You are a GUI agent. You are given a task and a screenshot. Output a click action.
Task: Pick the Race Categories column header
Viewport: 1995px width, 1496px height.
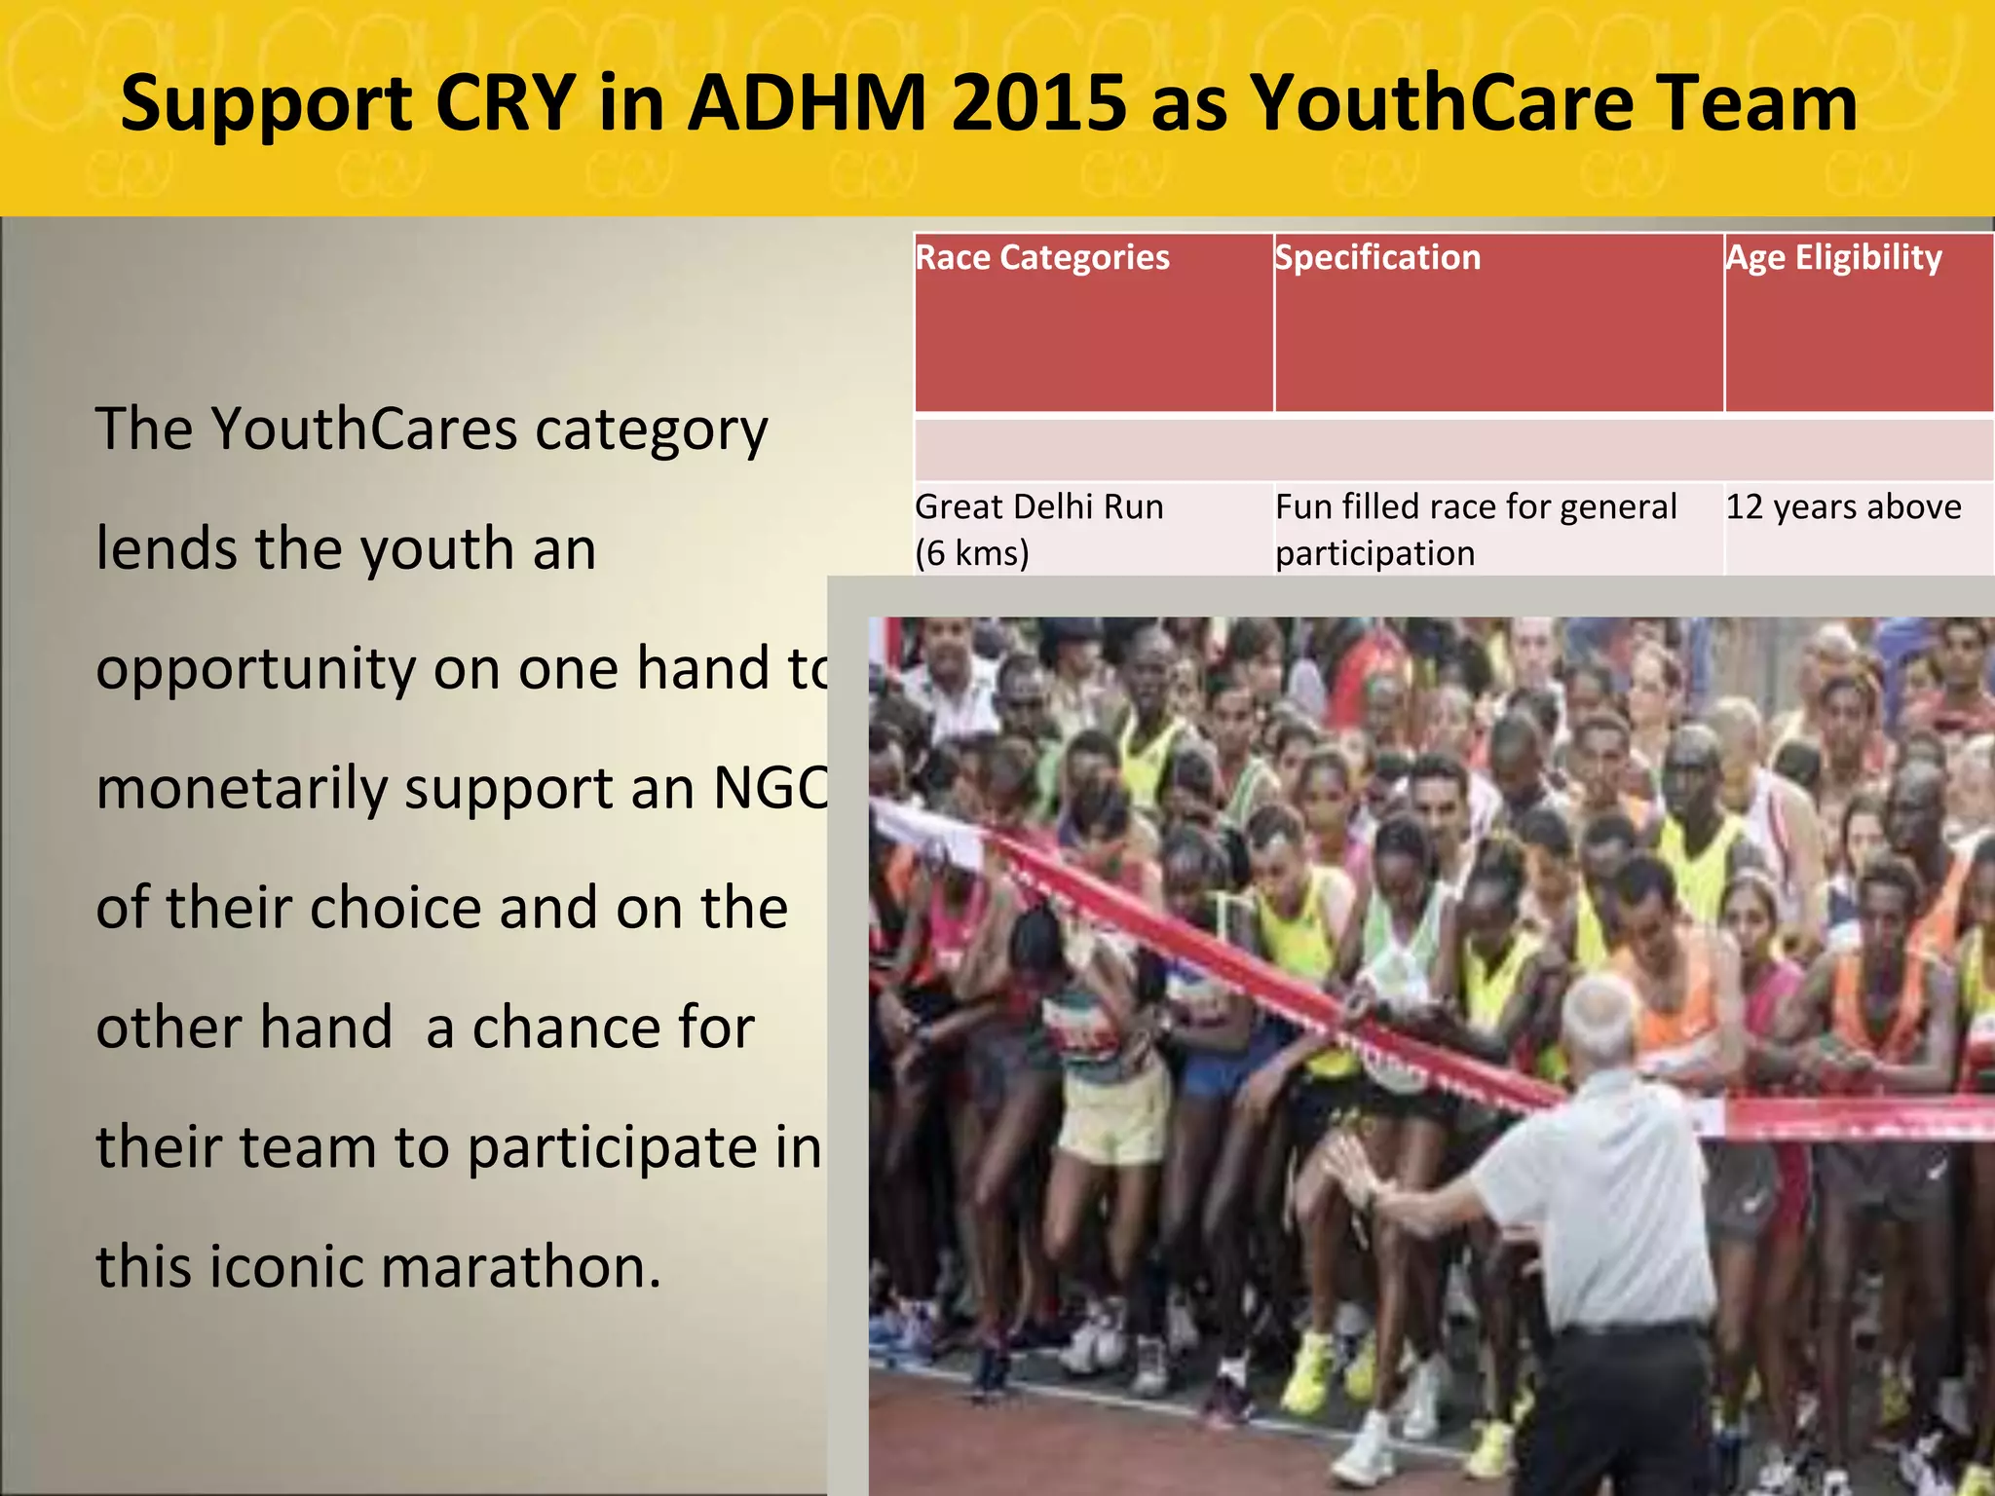[x=1042, y=258]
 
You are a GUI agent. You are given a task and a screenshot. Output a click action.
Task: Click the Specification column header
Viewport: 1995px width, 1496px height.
[x=1377, y=258]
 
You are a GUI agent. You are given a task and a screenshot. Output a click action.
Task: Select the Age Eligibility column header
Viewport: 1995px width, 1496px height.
[x=1833, y=258]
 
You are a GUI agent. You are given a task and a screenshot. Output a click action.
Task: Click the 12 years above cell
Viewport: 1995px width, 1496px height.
[x=1843, y=507]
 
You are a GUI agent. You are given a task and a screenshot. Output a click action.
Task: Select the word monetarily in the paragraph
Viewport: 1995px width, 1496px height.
[x=242, y=788]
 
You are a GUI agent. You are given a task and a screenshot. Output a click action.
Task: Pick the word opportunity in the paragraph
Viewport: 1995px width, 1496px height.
[x=256, y=670]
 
